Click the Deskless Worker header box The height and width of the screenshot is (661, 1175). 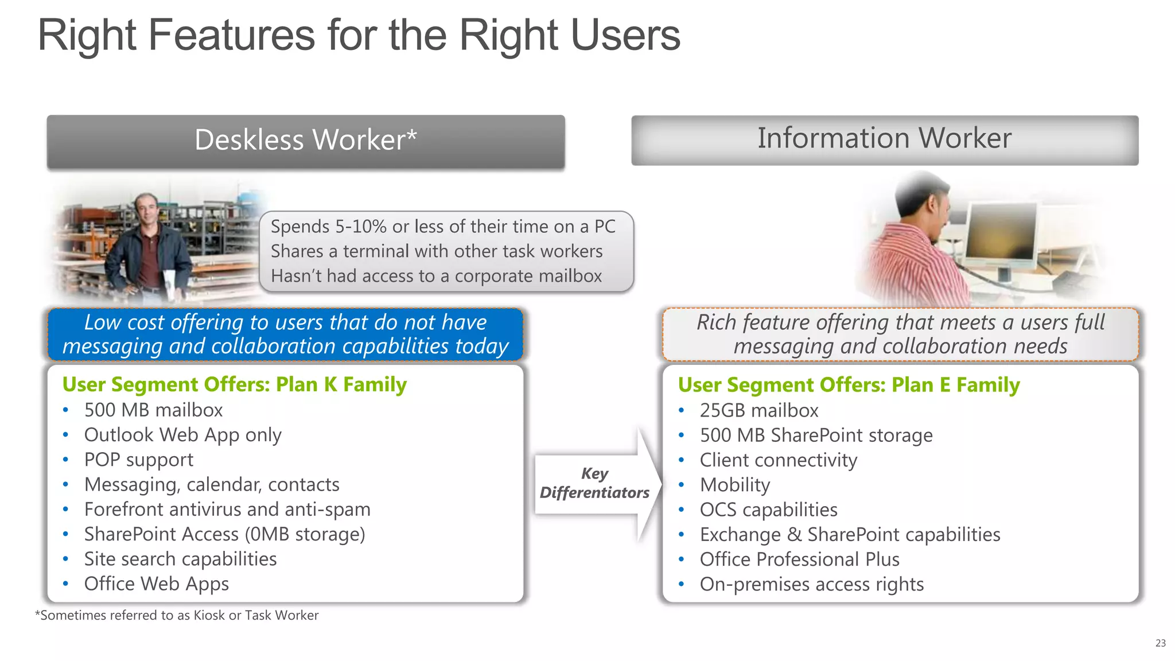(x=306, y=141)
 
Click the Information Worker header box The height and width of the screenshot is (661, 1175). (x=884, y=139)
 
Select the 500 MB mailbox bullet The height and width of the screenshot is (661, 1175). (x=153, y=410)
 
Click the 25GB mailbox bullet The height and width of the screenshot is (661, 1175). (x=758, y=410)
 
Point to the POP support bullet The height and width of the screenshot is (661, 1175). (x=138, y=460)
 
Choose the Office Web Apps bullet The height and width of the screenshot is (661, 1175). (x=156, y=584)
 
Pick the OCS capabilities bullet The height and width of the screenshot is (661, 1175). (x=768, y=510)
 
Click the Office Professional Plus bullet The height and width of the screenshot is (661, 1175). (x=799, y=559)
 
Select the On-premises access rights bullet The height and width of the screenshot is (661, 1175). (x=811, y=584)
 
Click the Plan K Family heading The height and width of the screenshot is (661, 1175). (x=234, y=384)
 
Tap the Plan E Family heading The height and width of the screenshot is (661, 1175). (x=849, y=385)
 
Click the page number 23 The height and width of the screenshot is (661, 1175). (x=1160, y=643)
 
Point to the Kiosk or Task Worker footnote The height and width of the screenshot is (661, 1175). (x=177, y=615)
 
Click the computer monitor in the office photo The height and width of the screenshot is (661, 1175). (x=1001, y=230)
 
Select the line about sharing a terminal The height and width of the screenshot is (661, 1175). (x=436, y=251)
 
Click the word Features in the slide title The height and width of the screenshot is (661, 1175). (x=231, y=36)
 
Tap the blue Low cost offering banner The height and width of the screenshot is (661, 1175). (x=285, y=335)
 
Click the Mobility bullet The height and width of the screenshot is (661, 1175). (x=734, y=485)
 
